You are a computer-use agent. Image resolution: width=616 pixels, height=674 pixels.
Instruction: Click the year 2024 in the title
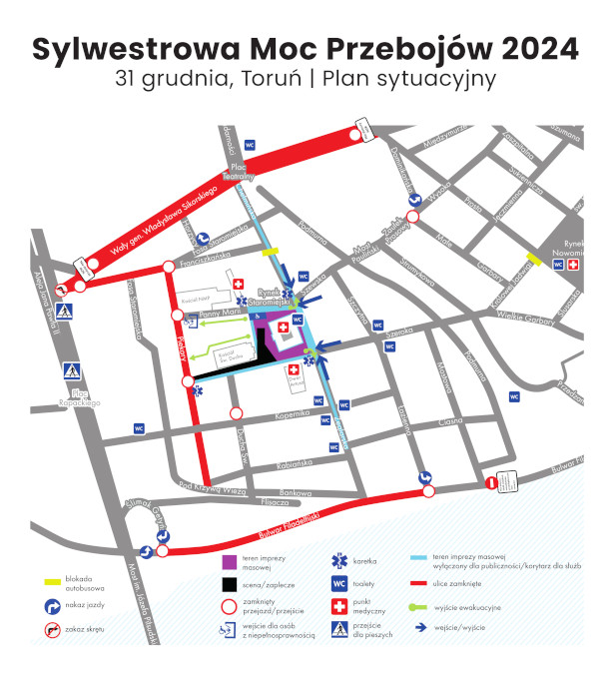[526, 48]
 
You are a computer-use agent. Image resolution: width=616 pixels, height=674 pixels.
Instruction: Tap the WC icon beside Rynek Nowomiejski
[557, 265]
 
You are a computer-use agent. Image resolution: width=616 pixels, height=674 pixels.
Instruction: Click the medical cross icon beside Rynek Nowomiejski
[573, 265]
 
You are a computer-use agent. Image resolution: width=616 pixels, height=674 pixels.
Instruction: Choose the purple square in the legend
[229, 565]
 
